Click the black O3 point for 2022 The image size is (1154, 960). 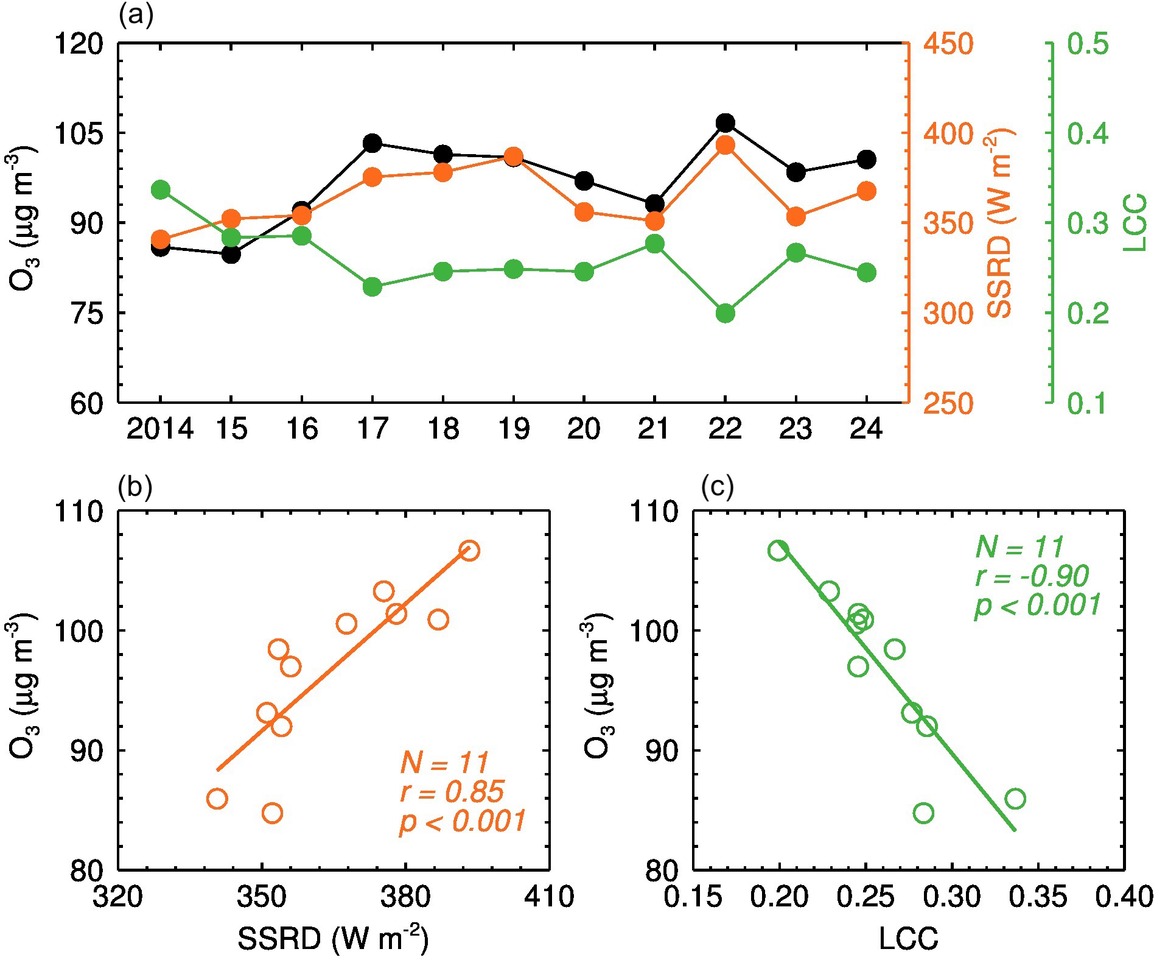click(725, 123)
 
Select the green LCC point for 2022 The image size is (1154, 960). click(725, 314)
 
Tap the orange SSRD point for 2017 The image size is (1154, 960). click(372, 177)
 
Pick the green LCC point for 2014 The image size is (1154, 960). click(160, 189)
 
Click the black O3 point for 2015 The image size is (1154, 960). click(231, 254)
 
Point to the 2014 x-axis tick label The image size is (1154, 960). click(160, 429)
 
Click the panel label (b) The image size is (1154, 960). click(136, 487)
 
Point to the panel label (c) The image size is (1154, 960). click(718, 487)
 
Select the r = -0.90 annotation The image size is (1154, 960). click(1032, 576)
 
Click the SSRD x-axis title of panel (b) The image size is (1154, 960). click(332, 938)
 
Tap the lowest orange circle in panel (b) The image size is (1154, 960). click(272, 813)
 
